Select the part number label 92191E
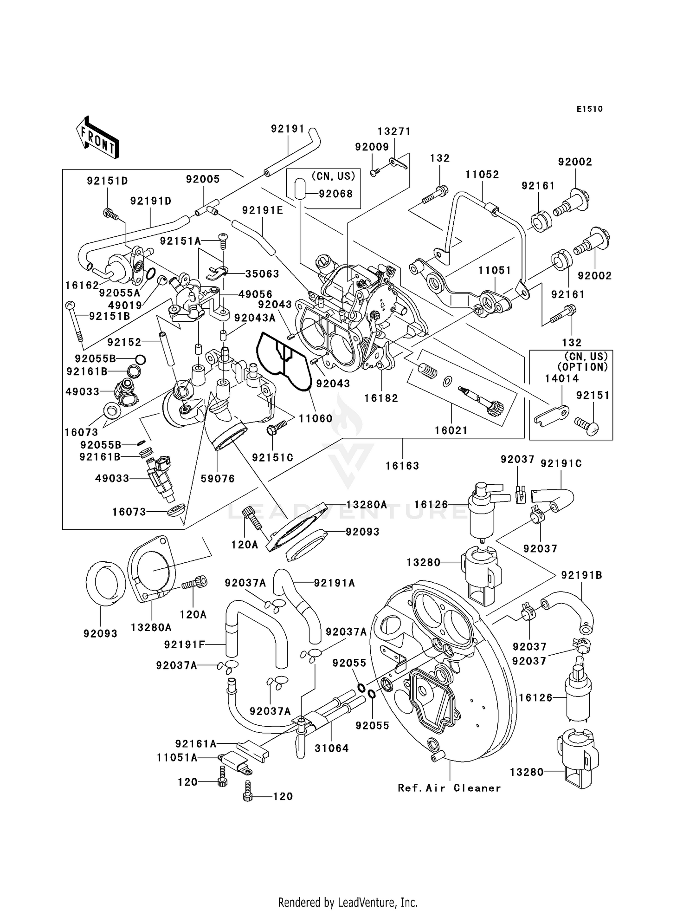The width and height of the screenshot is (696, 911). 262,210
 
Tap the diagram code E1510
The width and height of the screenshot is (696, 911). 589,109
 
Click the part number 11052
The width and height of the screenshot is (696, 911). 482,175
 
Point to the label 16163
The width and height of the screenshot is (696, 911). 402,466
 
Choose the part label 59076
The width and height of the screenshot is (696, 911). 218,479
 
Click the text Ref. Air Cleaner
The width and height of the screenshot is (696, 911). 449,788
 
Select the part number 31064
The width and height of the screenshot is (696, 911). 331,748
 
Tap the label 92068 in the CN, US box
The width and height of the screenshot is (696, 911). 335,194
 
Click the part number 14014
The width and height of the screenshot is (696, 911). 561,378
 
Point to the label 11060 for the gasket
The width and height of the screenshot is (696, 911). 315,418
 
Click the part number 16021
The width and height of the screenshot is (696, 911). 451,430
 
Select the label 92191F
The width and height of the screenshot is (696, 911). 184,645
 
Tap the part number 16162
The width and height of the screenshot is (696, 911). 82,286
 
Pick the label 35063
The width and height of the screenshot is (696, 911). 262,274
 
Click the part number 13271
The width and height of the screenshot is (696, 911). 394,132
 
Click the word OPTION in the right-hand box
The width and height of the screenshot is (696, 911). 583,366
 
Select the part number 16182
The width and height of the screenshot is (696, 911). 381,398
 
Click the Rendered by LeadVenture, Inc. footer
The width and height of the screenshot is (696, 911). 348,902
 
